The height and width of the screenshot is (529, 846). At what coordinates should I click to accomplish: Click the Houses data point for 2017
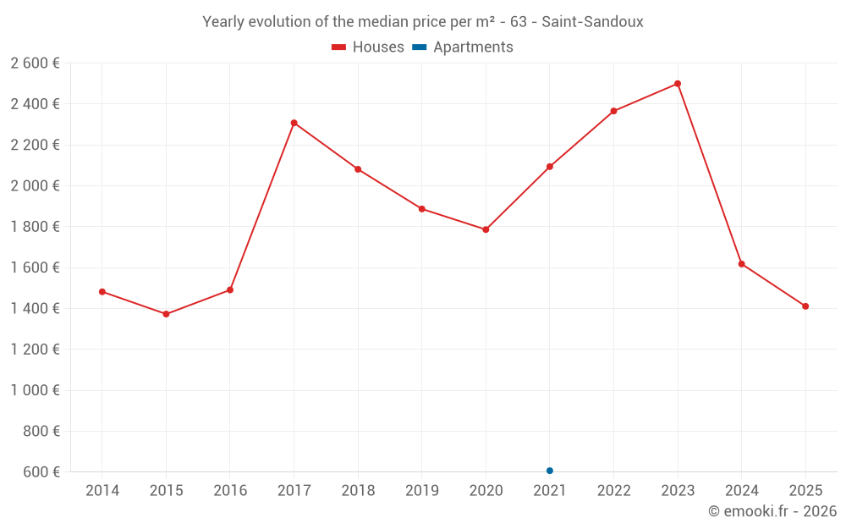point(294,123)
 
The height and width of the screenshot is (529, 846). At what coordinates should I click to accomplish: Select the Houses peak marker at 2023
point(678,84)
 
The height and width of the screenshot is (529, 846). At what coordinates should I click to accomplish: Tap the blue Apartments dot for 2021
point(550,471)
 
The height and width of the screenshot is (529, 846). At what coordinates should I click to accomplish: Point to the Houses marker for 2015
point(166,314)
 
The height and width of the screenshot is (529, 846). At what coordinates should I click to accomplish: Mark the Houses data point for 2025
point(805,306)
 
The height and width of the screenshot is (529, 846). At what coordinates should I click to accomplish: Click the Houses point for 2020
point(486,229)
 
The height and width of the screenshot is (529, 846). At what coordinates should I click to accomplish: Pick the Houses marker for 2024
point(742,264)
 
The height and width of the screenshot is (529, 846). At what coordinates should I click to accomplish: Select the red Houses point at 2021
point(550,167)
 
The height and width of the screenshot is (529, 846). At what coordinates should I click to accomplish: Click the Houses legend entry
point(368,47)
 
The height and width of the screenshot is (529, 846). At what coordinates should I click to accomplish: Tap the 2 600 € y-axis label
point(35,63)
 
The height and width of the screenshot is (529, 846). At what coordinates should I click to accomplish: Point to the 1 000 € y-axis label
point(35,390)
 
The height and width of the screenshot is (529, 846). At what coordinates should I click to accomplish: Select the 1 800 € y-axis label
point(35,227)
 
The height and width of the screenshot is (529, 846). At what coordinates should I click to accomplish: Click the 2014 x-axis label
point(102,491)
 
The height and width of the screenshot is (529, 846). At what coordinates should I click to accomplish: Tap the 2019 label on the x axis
point(422,491)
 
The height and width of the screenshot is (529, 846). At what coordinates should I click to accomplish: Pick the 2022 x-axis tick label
point(613,491)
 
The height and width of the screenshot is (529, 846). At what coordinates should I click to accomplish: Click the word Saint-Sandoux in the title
point(592,22)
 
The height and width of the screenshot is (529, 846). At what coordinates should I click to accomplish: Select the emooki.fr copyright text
point(772,511)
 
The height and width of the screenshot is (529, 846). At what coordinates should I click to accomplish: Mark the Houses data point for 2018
point(358,169)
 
